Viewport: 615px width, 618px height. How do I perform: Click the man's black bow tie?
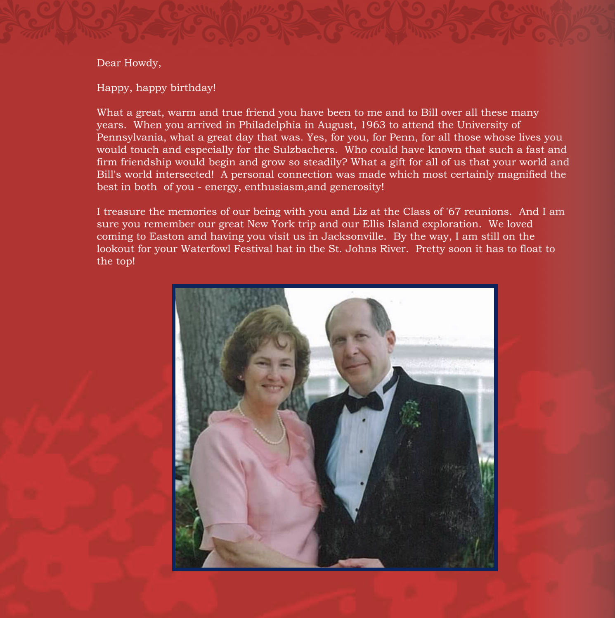pos(364,402)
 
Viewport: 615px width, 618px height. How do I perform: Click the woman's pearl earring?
pos(240,377)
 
